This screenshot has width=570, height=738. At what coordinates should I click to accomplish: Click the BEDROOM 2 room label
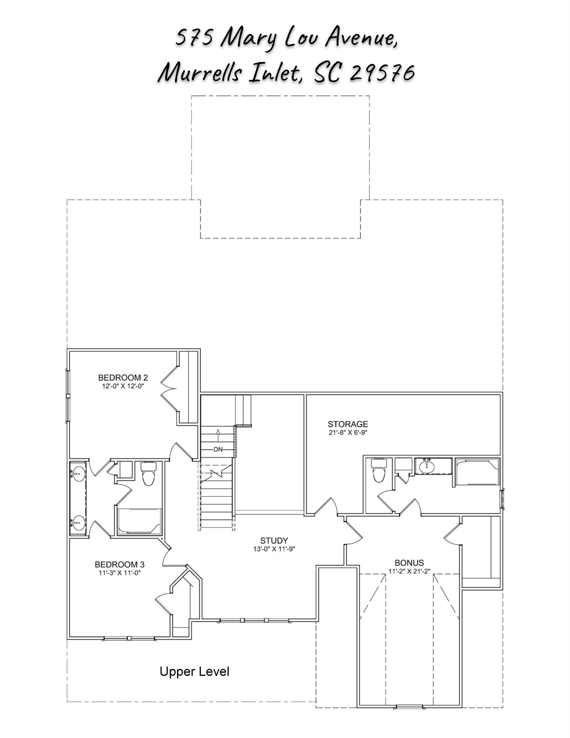tap(123, 377)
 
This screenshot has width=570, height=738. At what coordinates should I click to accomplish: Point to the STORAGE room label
tap(348, 424)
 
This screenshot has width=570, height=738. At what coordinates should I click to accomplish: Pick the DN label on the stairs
tap(218, 449)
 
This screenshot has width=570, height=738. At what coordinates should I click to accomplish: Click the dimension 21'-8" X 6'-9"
tap(348, 432)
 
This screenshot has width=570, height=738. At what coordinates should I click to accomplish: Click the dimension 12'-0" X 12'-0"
tap(123, 386)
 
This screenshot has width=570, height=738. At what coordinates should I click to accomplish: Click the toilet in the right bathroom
tap(379, 470)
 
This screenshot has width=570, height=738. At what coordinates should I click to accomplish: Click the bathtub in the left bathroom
tap(139, 521)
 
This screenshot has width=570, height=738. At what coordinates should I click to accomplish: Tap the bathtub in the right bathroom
tap(477, 472)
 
